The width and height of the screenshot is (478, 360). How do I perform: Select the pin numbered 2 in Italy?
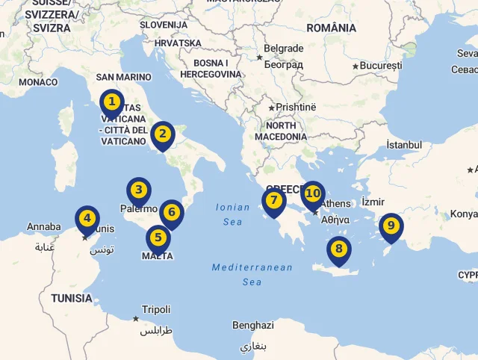point(162,135)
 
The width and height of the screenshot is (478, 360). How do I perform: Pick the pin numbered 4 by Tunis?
point(87,219)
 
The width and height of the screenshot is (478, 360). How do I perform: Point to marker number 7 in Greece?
point(273,201)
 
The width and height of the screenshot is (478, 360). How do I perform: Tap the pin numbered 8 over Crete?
point(338,249)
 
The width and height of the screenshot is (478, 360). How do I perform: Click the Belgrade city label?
point(284,49)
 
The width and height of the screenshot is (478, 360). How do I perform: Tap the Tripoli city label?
point(156,309)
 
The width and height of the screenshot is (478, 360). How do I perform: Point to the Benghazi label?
point(253,326)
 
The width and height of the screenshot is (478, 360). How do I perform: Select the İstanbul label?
point(405,144)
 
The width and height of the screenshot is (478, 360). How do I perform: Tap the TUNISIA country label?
point(72,298)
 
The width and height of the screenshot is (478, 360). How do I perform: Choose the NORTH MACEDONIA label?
point(281,131)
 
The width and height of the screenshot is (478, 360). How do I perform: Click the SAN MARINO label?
point(123,77)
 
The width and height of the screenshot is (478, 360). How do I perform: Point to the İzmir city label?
point(373,202)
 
